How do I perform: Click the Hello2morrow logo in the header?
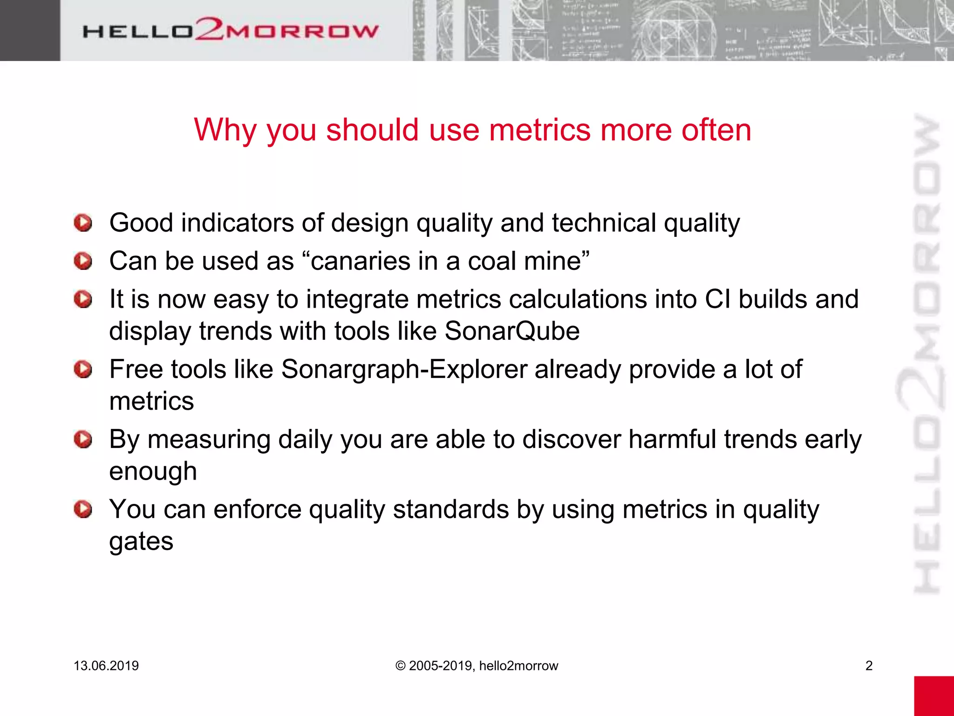coord(231,30)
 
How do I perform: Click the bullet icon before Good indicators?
coord(83,223)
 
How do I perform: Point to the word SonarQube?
coord(512,331)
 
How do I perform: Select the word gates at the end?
coord(141,542)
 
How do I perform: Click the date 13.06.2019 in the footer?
coord(106,666)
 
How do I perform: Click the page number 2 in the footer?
coord(869,666)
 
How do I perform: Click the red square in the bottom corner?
coord(934,695)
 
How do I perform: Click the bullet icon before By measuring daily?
coord(83,440)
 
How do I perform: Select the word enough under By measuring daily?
coord(153,471)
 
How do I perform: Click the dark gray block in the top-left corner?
coord(30,30)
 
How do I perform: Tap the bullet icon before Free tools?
coord(83,370)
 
